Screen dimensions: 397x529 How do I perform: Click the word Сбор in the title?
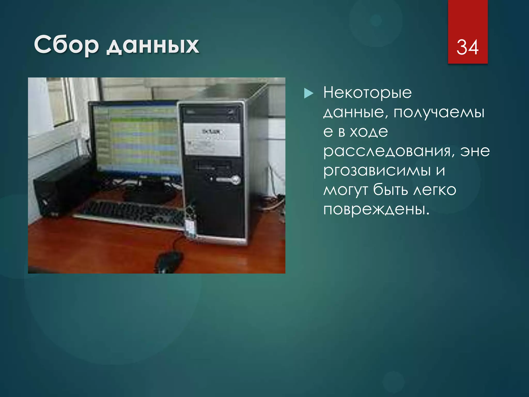pyautogui.click(x=66, y=45)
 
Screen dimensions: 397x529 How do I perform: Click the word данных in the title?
pyautogui.click(x=153, y=46)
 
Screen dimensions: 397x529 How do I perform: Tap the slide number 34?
pyautogui.click(x=468, y=47)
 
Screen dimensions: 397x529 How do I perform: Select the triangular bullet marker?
pyautogui.click(x=308, y=93)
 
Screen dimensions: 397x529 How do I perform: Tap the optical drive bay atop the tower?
pyautogui.click(x=211, y=112)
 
